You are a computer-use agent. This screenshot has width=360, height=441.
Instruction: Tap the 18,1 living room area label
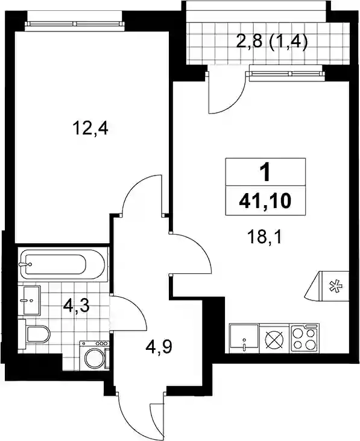265,237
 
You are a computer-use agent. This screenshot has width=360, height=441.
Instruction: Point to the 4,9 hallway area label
159,347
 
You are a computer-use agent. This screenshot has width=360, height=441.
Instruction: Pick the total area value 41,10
265,201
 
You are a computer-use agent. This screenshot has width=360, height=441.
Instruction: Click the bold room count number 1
265,172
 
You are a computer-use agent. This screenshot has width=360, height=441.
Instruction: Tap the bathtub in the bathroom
63,264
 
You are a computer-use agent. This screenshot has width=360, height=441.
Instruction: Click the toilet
34,334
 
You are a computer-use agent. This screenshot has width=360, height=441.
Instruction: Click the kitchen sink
244,338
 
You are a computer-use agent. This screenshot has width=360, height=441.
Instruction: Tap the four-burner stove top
304,338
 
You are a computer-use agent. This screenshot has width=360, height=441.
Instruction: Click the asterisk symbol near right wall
336,287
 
